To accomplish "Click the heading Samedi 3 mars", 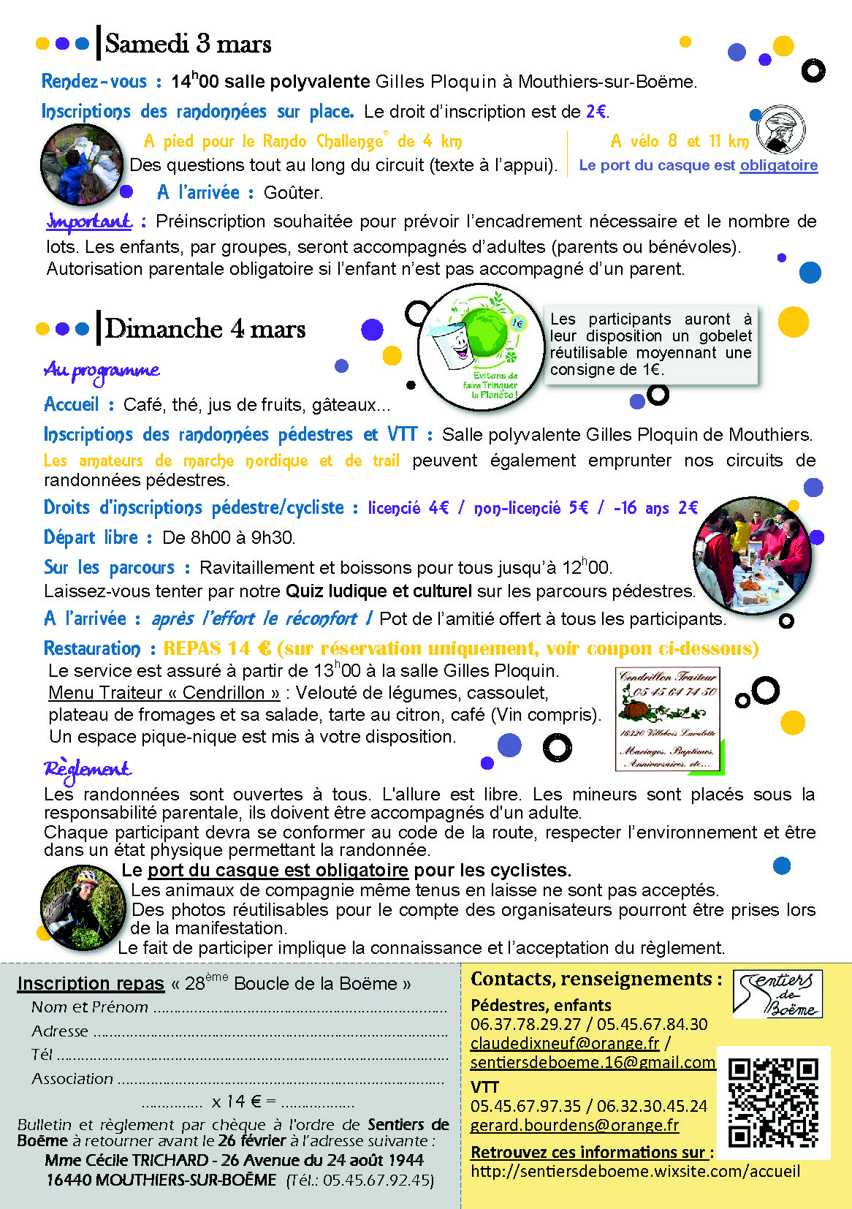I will (188, 44).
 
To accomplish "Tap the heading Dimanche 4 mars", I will (205, 329).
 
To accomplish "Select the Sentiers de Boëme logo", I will (777, 993).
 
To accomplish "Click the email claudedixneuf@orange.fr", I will (565, 1044).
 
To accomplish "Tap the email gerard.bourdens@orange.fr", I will (574, 1126).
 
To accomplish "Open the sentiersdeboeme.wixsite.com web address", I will (635, 1171).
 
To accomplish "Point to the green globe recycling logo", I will (481, 347).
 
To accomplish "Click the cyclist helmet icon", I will (780, 130).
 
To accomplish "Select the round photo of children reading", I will (82, 165).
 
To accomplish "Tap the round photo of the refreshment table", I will (752, 556).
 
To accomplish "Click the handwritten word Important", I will (89, 221).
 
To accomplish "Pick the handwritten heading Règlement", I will (87, 769).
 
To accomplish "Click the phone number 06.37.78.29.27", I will (525, 1024).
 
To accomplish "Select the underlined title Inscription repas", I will (91, 984).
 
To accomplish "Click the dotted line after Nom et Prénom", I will (300, 1009).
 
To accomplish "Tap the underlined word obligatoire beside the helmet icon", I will (778, 166).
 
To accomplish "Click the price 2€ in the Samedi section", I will (596, 112).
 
